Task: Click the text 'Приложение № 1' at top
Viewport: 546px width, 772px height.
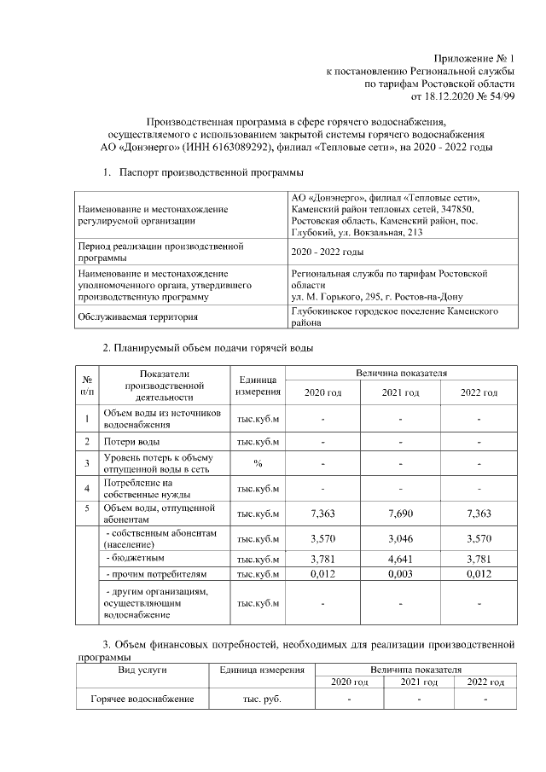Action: (x=473, y=56)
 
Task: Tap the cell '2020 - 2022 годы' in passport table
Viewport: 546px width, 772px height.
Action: (x=328, y=252)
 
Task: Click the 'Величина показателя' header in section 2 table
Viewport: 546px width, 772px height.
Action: (x=400, y=374)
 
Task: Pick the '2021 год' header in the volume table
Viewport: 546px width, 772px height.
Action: (x=400, y=392)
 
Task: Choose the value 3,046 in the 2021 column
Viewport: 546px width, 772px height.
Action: (x=400, y=538)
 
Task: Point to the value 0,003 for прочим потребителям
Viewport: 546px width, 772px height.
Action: (x=400, y=574)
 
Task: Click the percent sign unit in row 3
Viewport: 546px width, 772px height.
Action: (x=258, y=463)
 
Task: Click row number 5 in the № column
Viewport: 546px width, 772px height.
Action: (x=86, y=508)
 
